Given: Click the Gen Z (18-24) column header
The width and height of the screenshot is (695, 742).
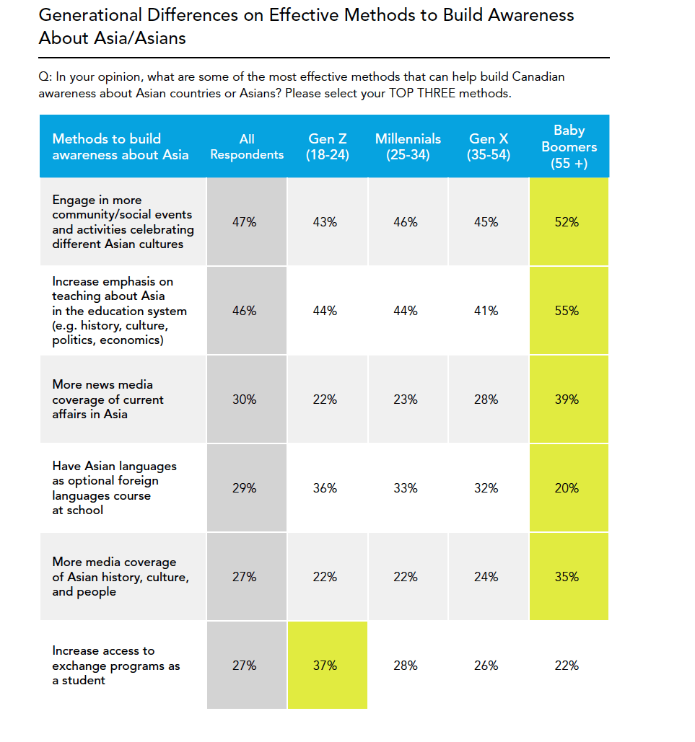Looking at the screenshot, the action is pyautogui.click(x=328, y=146).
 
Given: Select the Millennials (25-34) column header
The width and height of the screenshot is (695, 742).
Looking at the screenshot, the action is pyautogui.click(x=408, y=146).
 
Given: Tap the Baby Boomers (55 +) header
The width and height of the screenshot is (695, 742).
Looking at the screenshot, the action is pyautogui.click(x=569, y=146).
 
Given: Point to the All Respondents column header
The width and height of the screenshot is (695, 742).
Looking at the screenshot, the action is pyautogui.click(x=247, y=146).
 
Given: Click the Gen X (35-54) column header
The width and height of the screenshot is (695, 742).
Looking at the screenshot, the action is pyautogui.click(x=489, y=146).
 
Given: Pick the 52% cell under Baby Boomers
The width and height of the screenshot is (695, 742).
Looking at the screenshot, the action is pyautogui.click(x=567, y=222).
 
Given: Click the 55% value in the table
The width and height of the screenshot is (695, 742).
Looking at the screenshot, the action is pyautogui.click(x=567, y=311).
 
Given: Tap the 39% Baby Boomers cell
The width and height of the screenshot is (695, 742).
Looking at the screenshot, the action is pyautogui.click(x=567, y=399).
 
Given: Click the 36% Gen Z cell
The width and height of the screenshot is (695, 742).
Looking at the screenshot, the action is pyautogui.click(x=325, y=488).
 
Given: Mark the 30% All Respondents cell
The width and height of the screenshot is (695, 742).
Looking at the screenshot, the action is pyautogui.click(x=245, y=399).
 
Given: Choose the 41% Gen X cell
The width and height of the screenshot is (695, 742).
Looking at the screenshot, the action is pyautogui.click(x=486, y=311).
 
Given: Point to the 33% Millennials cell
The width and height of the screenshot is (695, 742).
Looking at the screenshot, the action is pyautogui.click(x=406, y=488).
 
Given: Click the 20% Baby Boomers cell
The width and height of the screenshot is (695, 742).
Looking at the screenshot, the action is pyautogui.click(x=567, y=488).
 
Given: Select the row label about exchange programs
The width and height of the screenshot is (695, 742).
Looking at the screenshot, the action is pyautogui.click(x=116, y=666).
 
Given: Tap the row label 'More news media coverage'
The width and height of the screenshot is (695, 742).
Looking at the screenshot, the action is pyautogui.click(x=108, y=399).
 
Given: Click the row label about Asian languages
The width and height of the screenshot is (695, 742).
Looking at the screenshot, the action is pyautogui.click(x=114, y=488).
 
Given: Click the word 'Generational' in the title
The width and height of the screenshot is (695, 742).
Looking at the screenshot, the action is pyautogui.click(x=90, y=15).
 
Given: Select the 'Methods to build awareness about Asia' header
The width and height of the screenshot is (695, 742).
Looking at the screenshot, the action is pyautogui.click(x=121, y=146).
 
